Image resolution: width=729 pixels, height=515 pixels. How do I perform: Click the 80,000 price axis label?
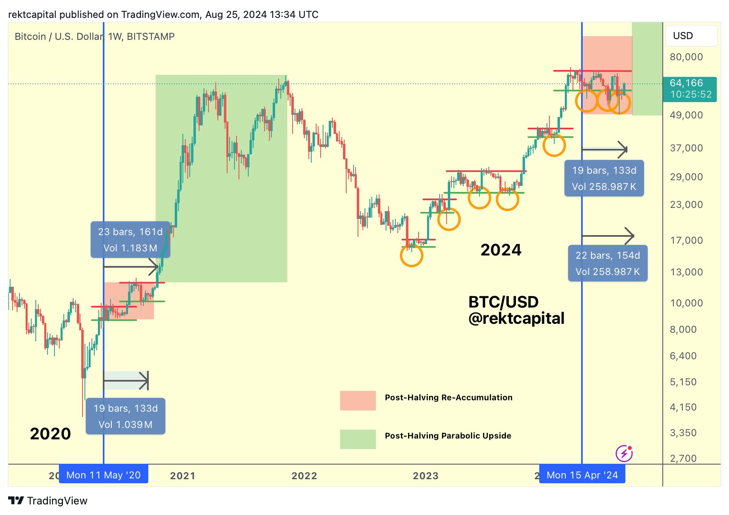(x=686, y=57)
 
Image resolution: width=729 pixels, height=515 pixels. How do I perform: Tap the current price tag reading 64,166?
(x=690, y=89)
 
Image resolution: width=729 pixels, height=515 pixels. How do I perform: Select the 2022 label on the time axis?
(x=304, y=476)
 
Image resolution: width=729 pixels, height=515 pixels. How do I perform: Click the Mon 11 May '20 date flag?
(x=103, y=475)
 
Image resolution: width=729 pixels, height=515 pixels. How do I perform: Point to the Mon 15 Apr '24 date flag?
(x=582, y=475)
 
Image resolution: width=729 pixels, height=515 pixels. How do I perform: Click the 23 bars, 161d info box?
(x=130, y=240)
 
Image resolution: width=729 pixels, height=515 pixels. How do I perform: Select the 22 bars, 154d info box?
(x=607, y=263)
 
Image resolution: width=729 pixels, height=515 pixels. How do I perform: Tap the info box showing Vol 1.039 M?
(x=126, y=416)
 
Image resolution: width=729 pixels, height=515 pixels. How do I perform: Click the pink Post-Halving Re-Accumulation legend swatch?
(x=358, y=400)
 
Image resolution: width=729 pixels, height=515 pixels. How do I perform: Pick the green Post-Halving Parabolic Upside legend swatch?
(x=358, y=439)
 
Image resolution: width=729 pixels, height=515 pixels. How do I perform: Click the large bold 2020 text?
(x=50, y=434)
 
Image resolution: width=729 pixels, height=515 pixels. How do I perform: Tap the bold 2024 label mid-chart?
(x=501, y=250)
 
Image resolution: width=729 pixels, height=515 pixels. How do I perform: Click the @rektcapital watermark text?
(x=516, y=318)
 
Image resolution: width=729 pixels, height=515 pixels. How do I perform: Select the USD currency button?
(x=691, y=36)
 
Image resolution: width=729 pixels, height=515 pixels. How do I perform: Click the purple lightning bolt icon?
(x=624, y=453)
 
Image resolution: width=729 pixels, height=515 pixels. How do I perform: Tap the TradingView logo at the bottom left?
(x=48, y=501)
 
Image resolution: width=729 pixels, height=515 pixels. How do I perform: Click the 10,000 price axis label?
(x=686, y=303)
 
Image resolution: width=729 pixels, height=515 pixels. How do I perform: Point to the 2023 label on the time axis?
(x=425, y=476)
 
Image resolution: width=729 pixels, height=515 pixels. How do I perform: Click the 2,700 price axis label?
(x=683, y=458)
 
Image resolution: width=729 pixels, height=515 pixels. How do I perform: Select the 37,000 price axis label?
(x=686, y=148)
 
